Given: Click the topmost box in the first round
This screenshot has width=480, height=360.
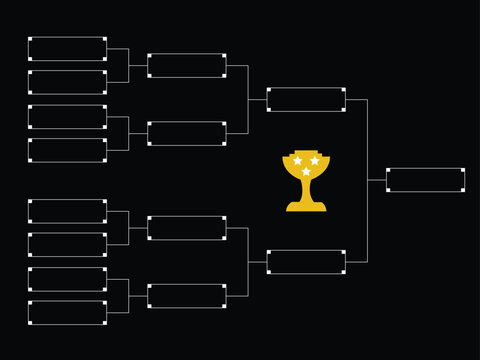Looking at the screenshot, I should pyautogui.click(x=67, y=48).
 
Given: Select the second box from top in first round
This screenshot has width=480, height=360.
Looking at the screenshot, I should pyautogui.click(x=67, y=82).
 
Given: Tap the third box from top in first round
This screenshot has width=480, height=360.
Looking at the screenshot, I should pyautogui.click(x=67, y=116).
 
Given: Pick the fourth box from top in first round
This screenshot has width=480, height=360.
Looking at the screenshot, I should pyautogui.click(x=67, y=150).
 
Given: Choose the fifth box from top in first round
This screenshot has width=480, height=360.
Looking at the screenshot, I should pyautogui.click(x=67, y=211).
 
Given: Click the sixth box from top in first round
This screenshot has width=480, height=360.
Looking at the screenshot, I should pyautogui.click(x=67, y=245).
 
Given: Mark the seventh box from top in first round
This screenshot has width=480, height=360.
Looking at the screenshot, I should pyautogui.click(x=67, y=279).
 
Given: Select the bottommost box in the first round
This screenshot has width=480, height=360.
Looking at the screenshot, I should pyautogui.click(x=67, y=313).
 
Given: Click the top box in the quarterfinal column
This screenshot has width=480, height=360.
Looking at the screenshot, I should pyautogui.click(x=187, y=65).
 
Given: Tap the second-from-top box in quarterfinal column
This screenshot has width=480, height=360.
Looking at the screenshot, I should pyautogui.click(x=187, y=133).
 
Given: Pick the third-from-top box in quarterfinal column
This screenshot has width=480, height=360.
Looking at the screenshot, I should pyautogui.click(x=187, y=228).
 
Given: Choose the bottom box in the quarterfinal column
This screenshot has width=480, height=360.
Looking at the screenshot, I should pyautogui.click(x=187, y=296).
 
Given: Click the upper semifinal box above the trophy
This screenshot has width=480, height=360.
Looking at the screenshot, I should pyautogui.click(x=306, y=99).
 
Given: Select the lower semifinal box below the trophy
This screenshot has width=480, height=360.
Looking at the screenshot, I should pyautogui.click(x=306, y=262).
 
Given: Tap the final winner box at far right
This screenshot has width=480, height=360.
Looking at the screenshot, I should pyautogui.click(x=425, y=180).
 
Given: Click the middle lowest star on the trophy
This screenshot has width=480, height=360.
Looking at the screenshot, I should pyautogui.click(x=306, y=172).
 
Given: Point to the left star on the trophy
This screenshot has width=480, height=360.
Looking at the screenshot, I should pyautogui.click(x=297, y=161).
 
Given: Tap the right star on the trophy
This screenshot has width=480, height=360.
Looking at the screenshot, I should pyautogui.click(x=315, y=161).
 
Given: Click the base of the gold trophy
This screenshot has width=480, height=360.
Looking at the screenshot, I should pyautogui.click(x=306, y=207).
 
